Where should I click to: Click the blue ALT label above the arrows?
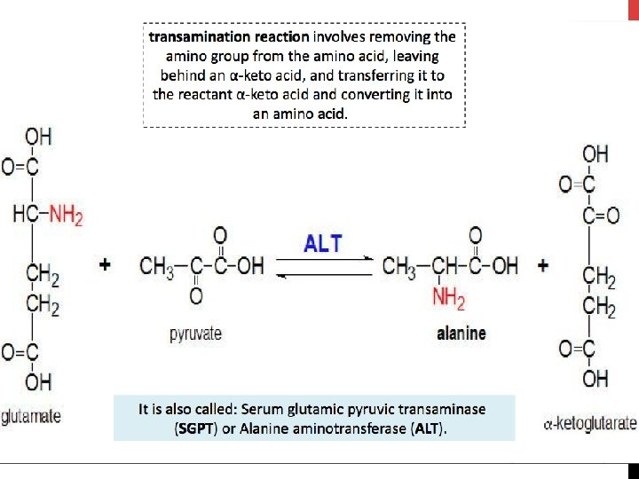click(323, 242)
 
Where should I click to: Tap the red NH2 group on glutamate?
click(66, 215)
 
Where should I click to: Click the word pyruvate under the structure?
click(195, 334)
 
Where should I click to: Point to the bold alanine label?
click(461, 334)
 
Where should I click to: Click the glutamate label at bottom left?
click(31, 416)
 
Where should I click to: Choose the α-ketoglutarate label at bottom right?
click(589, 424)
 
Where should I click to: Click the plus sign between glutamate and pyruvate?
click(106, 264)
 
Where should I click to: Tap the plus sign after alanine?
click(542, 264)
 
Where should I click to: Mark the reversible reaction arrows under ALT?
click(324, 266)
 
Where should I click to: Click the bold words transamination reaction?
click(229, 37)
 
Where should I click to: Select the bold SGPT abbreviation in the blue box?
click(194, 428)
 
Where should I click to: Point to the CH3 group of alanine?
click(398, 264)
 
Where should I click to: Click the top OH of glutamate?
click(38, 137)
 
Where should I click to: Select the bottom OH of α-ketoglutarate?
click(596, 379)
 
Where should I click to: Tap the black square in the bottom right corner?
click(633, 471)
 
